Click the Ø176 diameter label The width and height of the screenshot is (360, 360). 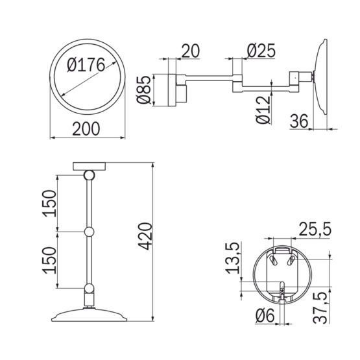click(86, 65)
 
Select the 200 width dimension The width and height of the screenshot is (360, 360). click(86, 129)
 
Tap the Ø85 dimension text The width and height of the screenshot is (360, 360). click(144, 90)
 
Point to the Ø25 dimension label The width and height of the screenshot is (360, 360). click(261, 51)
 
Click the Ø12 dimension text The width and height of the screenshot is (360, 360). click(263, 110)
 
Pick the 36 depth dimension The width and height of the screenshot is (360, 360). click(298, 121)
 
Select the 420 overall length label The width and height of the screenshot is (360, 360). click(145, 236)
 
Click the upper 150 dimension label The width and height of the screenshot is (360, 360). click(49, 204)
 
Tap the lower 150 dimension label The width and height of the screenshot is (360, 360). click(49, 260)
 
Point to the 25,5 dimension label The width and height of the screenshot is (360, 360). click(315, 229)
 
